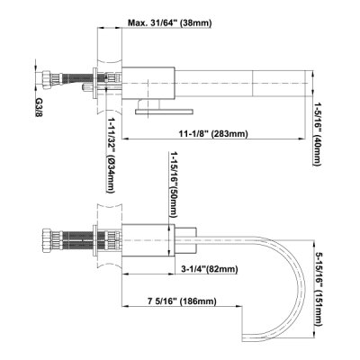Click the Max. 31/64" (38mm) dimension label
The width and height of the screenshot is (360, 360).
pos(170,23)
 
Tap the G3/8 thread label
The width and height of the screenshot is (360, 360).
pos(39,107)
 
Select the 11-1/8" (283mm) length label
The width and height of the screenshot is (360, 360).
pos(213,134)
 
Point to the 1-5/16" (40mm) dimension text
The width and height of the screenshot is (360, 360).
pos(317,134)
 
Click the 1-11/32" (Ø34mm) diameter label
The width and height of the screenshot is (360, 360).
pos(111,156)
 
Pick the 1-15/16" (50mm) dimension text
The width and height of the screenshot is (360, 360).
pos(173,184)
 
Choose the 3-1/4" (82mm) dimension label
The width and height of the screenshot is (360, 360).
pos(210,269)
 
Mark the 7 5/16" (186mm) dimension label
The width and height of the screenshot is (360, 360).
pos(182,301)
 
